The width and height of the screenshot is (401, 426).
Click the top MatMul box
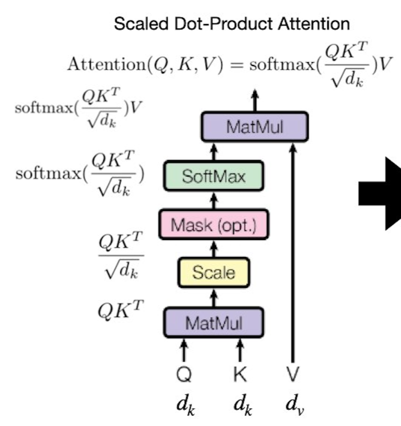coord(254,127)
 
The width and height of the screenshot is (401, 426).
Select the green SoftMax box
coord(213,176)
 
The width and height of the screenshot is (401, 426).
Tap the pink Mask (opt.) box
coord(213,225)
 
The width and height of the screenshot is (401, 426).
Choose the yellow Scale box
coord(213,272)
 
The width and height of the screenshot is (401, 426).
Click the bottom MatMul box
coord(213,323)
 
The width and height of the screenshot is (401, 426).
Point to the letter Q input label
coord(184,374)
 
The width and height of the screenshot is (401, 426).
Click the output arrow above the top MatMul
coord(254,100)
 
